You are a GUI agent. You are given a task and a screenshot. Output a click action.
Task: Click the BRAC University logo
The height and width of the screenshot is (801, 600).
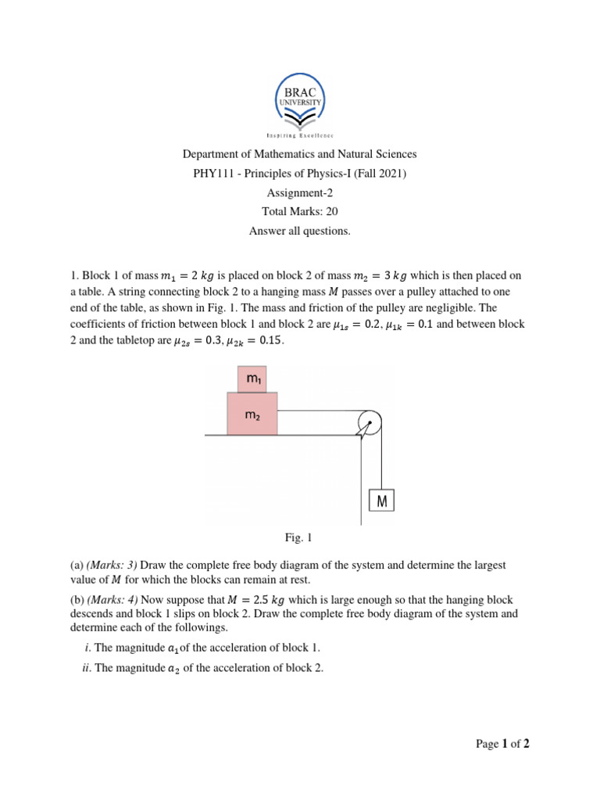pos(300,100)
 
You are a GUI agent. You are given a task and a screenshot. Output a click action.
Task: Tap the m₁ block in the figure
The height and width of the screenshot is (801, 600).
pos(252,379)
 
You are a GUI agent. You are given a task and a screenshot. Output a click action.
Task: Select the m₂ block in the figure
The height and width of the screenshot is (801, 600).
pos(252,415)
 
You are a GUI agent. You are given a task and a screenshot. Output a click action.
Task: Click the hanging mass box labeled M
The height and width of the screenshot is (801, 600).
pos(381,500)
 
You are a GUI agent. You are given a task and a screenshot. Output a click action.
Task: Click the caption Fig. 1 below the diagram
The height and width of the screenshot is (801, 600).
pos(298,538)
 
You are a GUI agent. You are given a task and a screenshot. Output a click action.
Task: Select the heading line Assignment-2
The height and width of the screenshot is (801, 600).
pos(300,192)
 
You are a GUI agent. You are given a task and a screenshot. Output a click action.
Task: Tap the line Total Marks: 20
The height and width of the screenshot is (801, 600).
pos(300,211)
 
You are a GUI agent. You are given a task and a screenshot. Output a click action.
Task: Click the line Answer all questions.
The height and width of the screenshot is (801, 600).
pos(300,231)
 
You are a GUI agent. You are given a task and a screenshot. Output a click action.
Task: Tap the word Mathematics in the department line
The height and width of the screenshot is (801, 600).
pos(283,154)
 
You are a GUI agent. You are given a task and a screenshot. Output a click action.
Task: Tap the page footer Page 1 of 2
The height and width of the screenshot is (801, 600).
pos(502,745)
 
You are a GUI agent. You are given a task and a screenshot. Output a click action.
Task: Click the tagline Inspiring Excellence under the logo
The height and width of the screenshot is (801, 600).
pos(300,135)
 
